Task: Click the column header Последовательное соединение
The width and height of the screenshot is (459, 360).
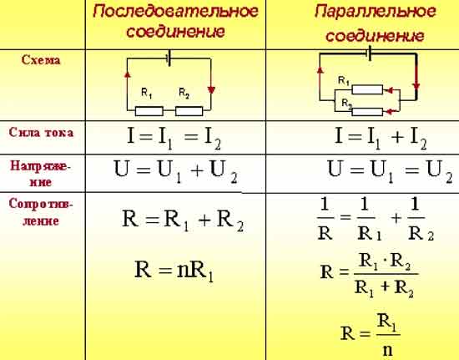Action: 175,22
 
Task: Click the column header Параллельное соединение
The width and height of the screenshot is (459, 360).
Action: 376,24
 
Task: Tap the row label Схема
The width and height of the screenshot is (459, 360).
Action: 41,60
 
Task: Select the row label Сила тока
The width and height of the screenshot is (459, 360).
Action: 41,133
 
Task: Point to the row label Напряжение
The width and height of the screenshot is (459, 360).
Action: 41,174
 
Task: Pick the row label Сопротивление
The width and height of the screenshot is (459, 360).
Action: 41,212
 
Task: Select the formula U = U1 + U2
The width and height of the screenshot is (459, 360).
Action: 175,172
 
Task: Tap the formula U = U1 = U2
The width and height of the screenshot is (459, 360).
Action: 390,172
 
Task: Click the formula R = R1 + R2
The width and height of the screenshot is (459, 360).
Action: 183,221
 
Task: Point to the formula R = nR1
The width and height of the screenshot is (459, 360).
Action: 174,271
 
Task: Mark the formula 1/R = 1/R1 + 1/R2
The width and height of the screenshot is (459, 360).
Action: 376,219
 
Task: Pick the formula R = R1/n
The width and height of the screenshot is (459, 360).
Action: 370,334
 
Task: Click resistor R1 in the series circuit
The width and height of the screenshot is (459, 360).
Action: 149,111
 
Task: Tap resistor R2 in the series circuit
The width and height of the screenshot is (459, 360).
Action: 189,111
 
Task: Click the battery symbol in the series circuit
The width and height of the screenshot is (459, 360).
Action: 169,58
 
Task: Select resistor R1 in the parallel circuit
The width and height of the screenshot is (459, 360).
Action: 367,89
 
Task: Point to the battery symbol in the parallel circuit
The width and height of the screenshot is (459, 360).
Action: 369,53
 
